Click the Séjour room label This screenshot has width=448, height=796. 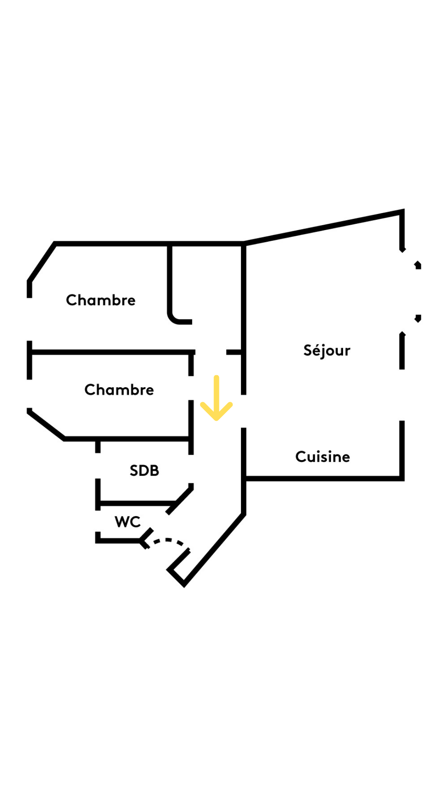[x=326, y=351]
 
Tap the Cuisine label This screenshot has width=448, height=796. [x=322, y=457]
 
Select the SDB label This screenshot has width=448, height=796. [x=144, y=471]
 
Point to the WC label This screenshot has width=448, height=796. [x=127, y=522]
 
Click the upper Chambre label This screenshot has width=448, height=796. [x=101, y=300]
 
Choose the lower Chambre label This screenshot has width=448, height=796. [x=119, y=390]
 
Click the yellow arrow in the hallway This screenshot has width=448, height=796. [x=216, y=398]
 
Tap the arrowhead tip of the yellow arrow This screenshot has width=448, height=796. [x=216, y=419]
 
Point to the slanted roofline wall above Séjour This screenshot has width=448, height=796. [x=324, y=227]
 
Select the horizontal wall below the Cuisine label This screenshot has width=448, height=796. [x=324, y=479]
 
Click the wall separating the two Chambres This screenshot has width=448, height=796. [x=112, y=352]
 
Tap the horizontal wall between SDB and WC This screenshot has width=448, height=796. [x=137, y=503]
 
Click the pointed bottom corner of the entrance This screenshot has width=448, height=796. [x=184, y=585]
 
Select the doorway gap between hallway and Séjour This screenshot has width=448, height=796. [x=243, y=411]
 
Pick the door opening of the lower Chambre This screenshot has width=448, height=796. [x=191, y=388]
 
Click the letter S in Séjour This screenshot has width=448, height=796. [x=307, y=351]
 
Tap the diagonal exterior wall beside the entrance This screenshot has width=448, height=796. [x=214, y=549]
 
